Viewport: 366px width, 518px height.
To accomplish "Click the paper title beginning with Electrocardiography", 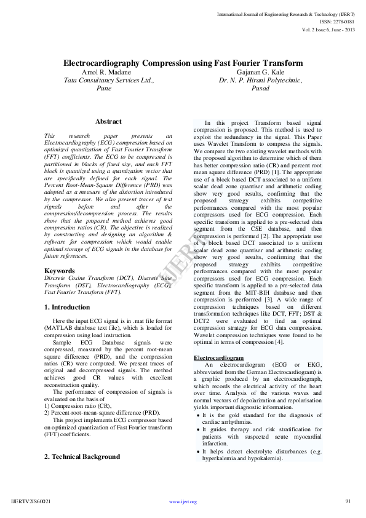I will pos(183,63).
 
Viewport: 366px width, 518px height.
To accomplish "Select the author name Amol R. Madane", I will pos(106,72).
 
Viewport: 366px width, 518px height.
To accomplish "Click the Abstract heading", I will pos(108,122).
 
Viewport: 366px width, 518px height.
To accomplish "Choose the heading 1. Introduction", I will pos(68,307).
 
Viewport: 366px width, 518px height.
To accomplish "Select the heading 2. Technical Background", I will pos(82,457).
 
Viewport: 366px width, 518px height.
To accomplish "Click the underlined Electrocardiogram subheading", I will pos(218,357).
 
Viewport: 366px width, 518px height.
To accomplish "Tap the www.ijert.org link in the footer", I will pos(183,502).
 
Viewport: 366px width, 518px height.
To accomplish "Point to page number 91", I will pos(348,501).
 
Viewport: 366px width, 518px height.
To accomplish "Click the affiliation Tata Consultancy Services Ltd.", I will pos(109,80).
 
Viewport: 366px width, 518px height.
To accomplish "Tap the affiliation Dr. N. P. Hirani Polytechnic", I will pos(261,80).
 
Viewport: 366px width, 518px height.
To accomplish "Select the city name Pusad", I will pos(261,88).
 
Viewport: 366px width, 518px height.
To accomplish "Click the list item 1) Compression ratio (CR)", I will pos(78,406).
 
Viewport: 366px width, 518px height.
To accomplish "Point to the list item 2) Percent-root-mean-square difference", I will pos(102,413).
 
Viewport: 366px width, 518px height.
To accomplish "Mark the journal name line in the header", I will pos(293,13).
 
